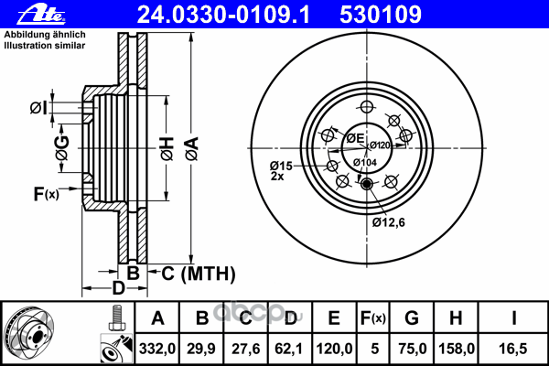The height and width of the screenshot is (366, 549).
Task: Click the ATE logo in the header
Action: tap(41, 16)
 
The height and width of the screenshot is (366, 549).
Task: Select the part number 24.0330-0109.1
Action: tap(223, 15)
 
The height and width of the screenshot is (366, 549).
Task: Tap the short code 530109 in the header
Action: tap(381, 15)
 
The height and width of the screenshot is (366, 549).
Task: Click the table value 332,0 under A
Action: tap(156, 349)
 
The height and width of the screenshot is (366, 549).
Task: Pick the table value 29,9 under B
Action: tap(201, 349)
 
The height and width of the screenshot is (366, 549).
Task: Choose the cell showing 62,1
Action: tap(289, 349)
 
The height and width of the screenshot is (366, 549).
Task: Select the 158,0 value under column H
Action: tap(457, 349)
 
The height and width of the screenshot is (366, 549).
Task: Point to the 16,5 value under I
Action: tap(513, 349)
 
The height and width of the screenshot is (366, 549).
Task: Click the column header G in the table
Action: tap(412, 318)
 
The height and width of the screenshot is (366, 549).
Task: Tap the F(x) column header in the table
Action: tap(373, 318)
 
